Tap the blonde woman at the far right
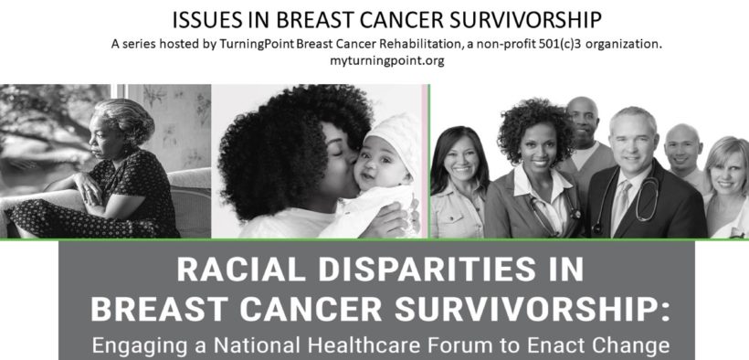tap(726, 186)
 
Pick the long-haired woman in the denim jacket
tap(459, 184)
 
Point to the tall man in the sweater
tap(586, 143)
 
